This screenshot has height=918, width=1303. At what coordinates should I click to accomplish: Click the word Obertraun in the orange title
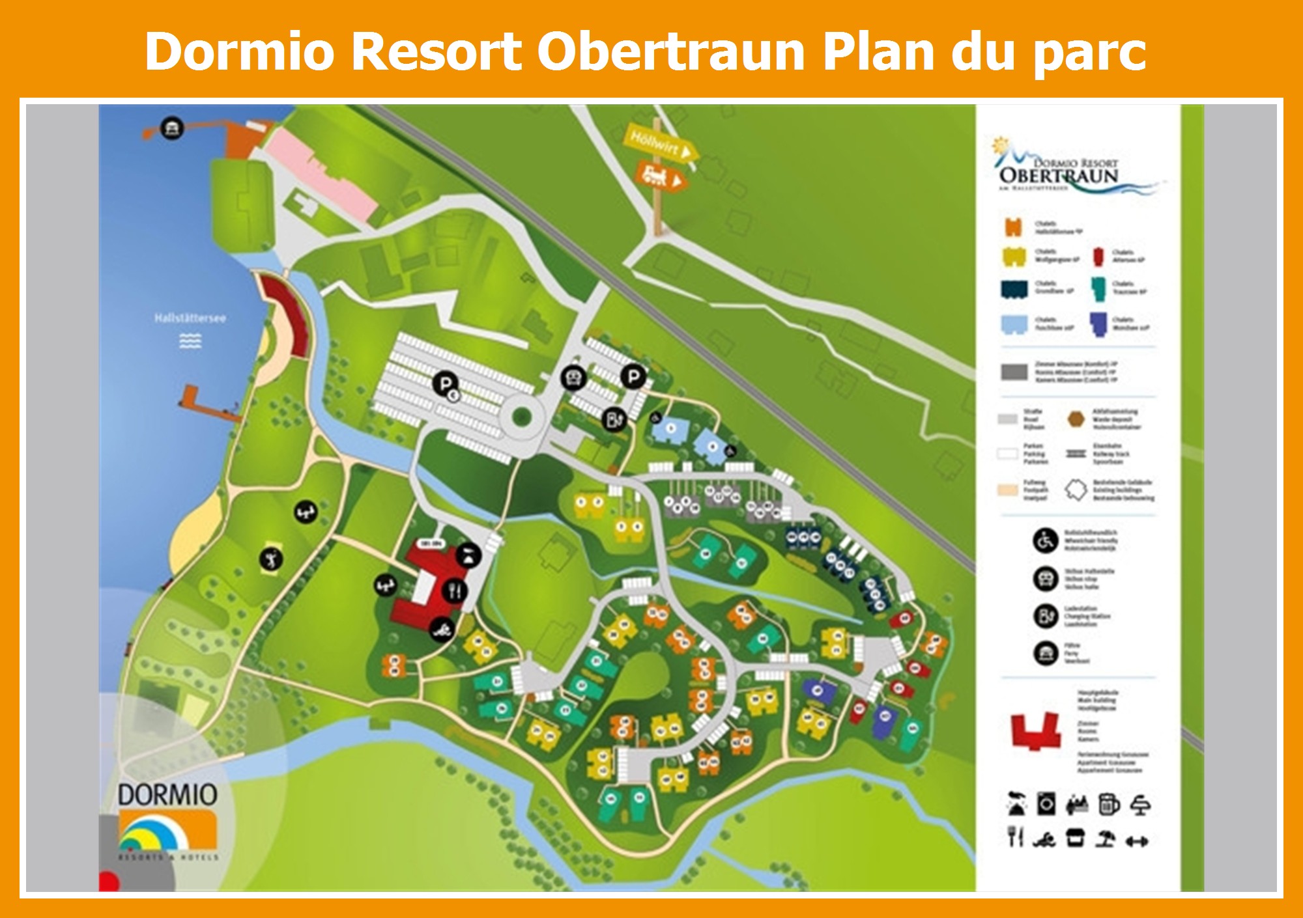(671, 52)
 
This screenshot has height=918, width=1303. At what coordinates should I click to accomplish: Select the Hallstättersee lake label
(190, 318)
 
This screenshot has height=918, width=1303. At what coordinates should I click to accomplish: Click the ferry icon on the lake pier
(171, 128)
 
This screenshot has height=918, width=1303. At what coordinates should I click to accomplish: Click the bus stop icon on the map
(573, 376)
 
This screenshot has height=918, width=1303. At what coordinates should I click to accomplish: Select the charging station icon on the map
(613, 419)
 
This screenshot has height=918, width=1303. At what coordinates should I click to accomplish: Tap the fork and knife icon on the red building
(455, 591)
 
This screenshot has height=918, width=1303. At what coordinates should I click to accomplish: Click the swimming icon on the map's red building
(442, 629)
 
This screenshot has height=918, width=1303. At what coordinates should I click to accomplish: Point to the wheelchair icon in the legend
(1045, 540)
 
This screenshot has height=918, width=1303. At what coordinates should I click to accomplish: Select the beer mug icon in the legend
(1108, 805)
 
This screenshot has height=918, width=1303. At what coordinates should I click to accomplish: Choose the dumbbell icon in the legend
(1136, 841)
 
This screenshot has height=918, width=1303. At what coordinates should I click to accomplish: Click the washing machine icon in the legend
(1046, 805)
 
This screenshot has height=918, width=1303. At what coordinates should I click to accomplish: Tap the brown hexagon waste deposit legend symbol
(1076, 419)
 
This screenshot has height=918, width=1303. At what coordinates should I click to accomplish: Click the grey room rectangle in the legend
(1014, 372)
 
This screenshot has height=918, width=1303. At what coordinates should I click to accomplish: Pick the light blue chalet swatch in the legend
(1014, 324)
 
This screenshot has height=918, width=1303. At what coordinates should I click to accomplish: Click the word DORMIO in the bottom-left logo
(167, 795)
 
